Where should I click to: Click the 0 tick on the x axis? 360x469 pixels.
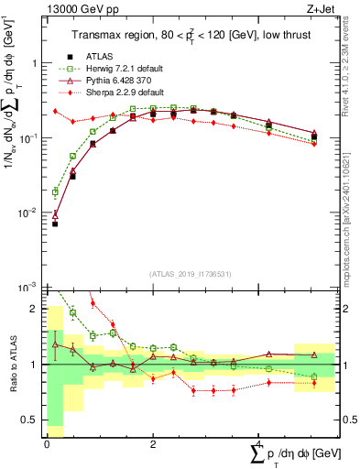[x=47, y=445]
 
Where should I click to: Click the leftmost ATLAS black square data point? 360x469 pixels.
[x=55, y=224]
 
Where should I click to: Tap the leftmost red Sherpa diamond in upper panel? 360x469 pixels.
[x=55, y=111]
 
